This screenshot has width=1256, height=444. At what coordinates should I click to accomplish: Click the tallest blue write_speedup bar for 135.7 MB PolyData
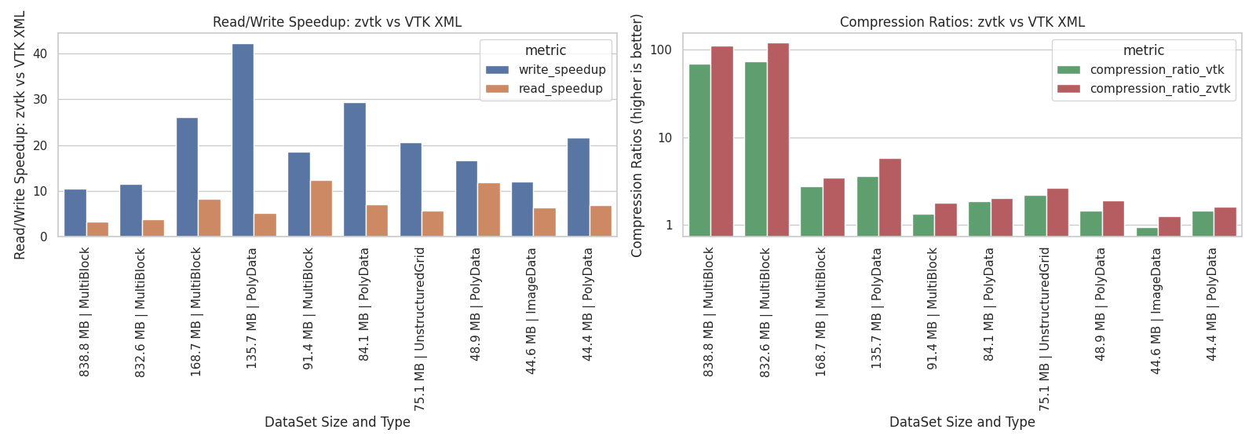[x=243, y=140]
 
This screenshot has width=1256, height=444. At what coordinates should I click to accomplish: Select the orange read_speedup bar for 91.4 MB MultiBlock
[x=321, y=208]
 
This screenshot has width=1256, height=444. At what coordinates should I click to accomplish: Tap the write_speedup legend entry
[x=561, y=70]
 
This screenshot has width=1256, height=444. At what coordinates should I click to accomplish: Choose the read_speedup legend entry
[x=560, y=89]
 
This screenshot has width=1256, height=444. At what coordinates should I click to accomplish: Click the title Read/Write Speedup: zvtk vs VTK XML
[x=337, y=22]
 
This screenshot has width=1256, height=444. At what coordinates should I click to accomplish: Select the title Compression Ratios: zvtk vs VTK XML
[x=962, y=22]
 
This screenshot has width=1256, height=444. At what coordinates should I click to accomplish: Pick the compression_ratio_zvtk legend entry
[x=1159, y=89]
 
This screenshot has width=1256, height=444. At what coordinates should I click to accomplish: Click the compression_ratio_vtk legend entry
[x=1156, y=70]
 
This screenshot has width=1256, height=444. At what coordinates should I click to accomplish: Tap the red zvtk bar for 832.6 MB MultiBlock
[x=778, y=140]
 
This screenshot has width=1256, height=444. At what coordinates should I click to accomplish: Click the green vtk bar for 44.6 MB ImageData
[x=1147, y=232]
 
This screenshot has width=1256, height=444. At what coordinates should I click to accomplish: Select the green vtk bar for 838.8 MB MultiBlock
[x=699, y=150]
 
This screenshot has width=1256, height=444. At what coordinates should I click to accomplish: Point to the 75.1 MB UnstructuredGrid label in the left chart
[x=420, y=328]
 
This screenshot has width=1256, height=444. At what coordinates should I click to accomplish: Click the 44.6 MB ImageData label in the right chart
[x=1156, y=310]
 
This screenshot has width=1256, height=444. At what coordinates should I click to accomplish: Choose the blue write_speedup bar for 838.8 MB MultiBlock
[x=75, y=213]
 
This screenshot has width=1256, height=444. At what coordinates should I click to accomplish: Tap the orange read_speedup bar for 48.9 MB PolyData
[x=488, y=210]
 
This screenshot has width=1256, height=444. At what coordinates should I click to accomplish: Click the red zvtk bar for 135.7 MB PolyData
[x=889, y=197]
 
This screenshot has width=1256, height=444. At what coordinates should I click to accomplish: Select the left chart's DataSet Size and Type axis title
[x=337, y=422]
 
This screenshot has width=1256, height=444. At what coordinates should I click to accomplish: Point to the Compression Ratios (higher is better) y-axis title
[x=637, y=135]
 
